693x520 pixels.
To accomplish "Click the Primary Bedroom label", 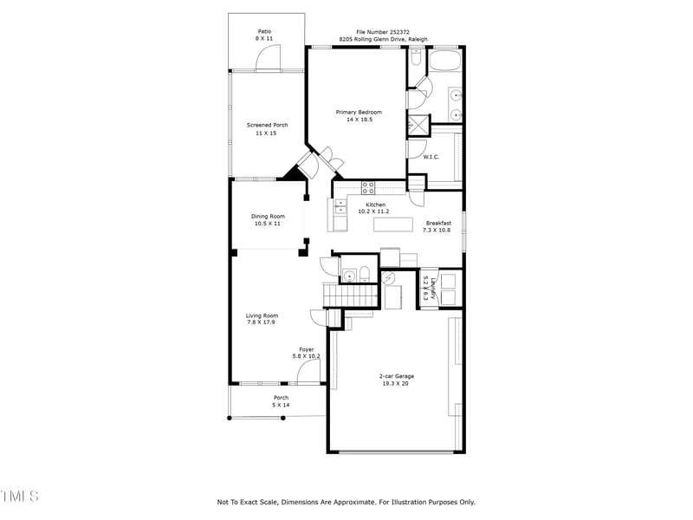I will point(359,112).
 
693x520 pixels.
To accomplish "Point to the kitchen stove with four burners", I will point(368,185).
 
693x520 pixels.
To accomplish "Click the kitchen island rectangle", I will point(393,224).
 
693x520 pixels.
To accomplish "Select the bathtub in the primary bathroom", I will point(445,62).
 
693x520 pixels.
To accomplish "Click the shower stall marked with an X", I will point(417,124).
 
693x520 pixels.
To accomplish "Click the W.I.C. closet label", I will point(431,157).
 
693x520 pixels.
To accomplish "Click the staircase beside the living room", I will point(352,297).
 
